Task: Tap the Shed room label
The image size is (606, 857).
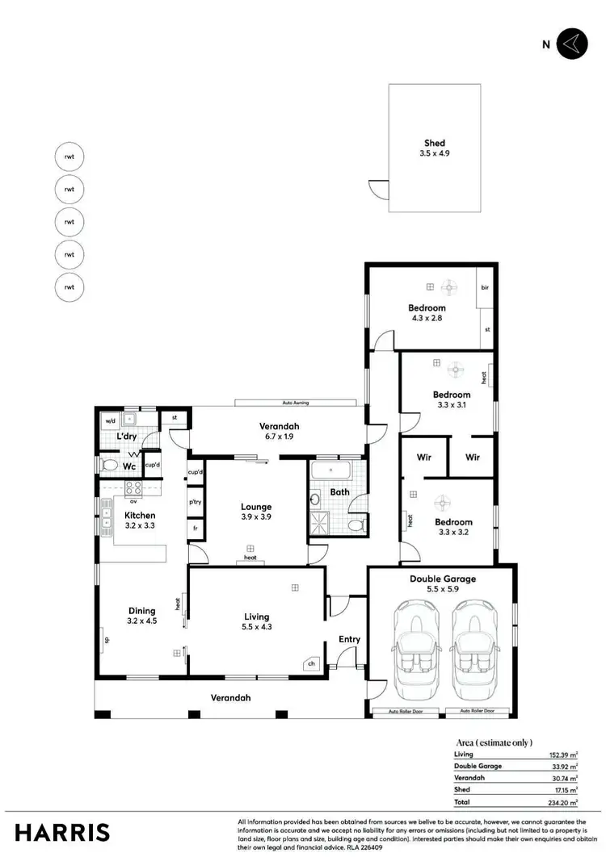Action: point(435,144)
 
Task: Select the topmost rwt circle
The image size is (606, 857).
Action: point(69,157)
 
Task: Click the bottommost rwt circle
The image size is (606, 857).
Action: point(69,286)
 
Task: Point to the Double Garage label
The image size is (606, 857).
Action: point(442,579)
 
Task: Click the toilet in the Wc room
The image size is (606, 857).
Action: point(110,466)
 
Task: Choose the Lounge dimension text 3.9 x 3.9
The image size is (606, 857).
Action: point(256,517)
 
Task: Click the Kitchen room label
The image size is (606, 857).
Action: point(139,515)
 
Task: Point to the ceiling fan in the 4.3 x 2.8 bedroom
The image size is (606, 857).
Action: point(449,286)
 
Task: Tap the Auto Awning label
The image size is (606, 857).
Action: point(295,402)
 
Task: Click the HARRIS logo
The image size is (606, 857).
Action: point(62,832)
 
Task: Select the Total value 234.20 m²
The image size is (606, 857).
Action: point(562,803)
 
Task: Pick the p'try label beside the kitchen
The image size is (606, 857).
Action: point(194,501)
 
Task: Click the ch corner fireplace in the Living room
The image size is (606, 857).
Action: point(310,665)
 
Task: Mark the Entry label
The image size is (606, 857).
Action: point(349,639)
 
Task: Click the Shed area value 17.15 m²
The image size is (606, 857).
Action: point(563,790)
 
